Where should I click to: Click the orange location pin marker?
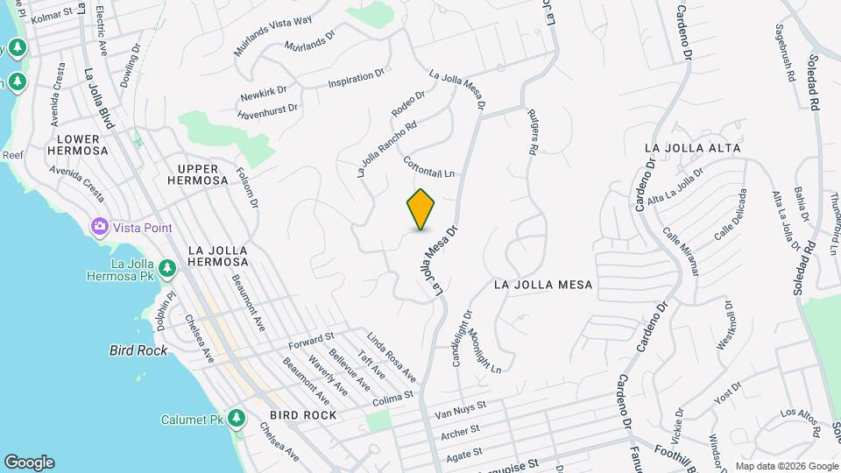click(x=421, y=209)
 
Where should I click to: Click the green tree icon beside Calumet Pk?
click(x=237, y=419)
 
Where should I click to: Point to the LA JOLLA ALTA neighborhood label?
click(x=692, y=148)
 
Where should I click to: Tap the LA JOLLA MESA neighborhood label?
click(x=543, y=285)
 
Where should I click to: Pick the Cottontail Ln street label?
click(x=430, y=166)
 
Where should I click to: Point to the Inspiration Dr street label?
click(x=357, y=80)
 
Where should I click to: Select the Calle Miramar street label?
click(x=682, y=252)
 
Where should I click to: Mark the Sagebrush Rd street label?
click(x=784, y=53)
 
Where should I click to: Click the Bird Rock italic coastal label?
click(x=138, y=350)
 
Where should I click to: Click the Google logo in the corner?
click(x=29, y=462)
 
